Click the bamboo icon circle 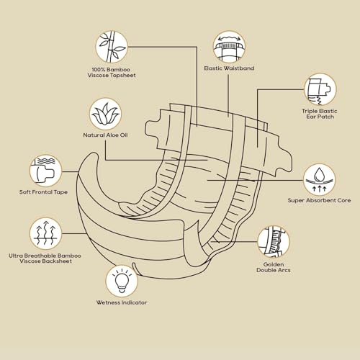coord(112,47)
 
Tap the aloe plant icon coord(105,114)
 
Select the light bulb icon coord(122,281)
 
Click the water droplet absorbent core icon coord(319,180)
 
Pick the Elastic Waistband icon coord(229,47)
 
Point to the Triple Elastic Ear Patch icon coord(320,89)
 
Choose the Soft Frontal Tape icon coord(46,171)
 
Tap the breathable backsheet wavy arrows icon coord(46,234)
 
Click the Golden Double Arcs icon coord(274,242)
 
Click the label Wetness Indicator coord(122,302)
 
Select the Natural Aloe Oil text coord(105,135)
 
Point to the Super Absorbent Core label coord(319,200)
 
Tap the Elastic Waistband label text coord(229,68)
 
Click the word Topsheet coord(123,76)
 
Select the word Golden coord(274,264)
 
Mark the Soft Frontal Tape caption coord(43,192)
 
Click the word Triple coord(310,111)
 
